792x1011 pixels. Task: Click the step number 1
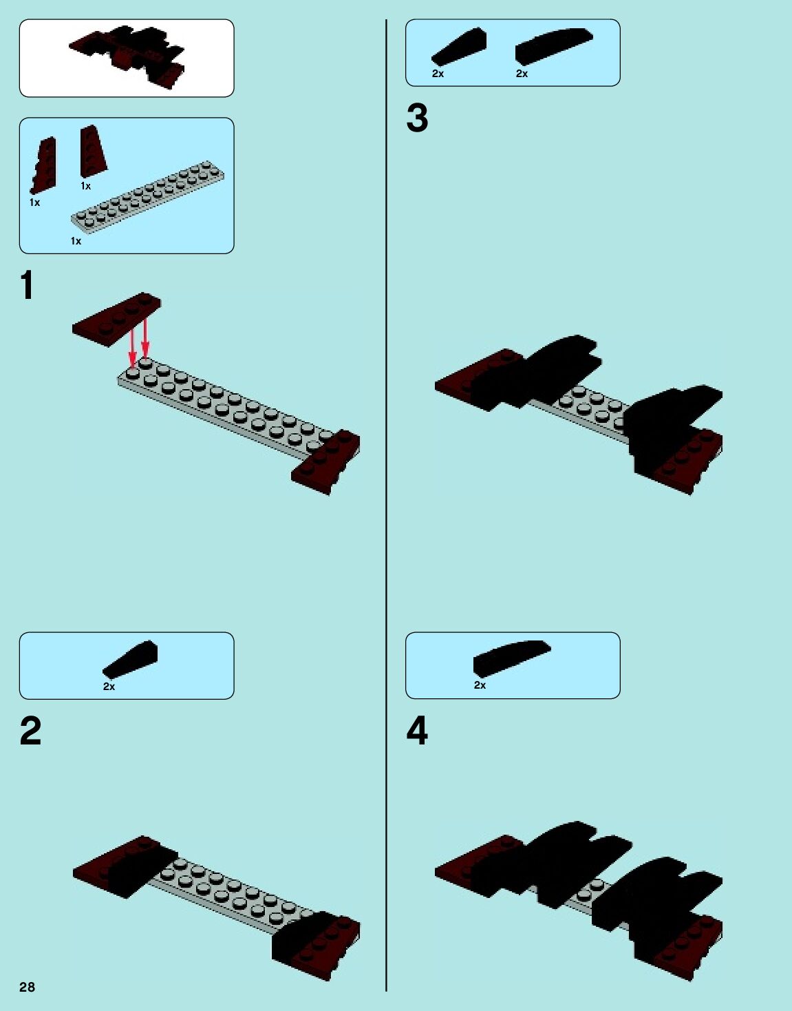[27, 285]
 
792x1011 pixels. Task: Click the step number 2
[30, 731]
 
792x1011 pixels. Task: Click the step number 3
[417, 118]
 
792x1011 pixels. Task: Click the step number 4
[417, 731]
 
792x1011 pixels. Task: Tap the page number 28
[27, 987]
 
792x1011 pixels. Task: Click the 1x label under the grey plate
[76, 241]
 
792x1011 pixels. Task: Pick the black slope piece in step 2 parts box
[131, 659]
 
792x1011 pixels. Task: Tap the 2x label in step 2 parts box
[109, 687]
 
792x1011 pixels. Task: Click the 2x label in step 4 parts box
[480, 685]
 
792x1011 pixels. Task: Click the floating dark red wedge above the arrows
[116, 320]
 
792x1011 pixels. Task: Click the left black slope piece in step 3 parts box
[459, 47]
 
